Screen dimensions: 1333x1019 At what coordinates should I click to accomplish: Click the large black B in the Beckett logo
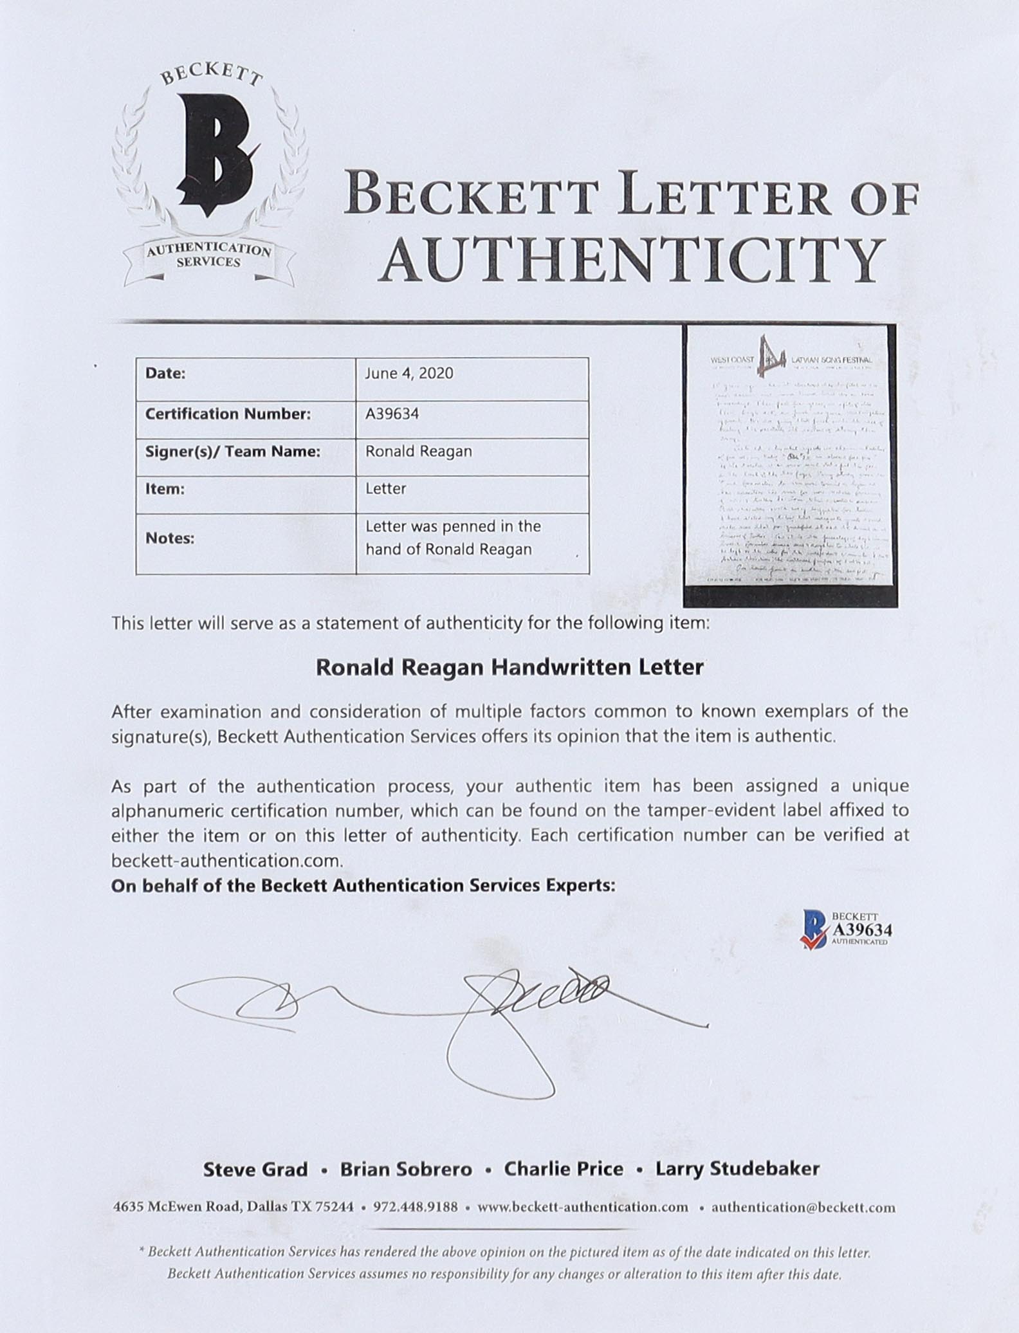pos(212,154)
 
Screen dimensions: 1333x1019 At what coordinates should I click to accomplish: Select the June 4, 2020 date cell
pos(409,374)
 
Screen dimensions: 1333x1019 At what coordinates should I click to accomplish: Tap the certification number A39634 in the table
pos(392,414)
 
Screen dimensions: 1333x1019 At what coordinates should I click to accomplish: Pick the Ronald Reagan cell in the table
pos(419,452)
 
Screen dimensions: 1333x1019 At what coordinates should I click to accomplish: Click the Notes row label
pos(170,538)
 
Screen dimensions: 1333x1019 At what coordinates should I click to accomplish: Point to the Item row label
pos(165,489)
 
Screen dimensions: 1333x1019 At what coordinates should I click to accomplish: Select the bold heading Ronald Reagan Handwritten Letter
pos(509,667)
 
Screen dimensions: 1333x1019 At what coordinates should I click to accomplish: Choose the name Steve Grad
pos(255,1169)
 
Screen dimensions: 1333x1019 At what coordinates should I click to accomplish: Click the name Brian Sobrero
pos(406,1169)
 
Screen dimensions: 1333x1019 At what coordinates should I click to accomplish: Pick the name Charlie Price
pos(564,1169)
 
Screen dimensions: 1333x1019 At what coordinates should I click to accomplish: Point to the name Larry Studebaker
pos(737,1169)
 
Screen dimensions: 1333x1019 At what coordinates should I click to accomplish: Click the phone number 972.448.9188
pos(416,1207)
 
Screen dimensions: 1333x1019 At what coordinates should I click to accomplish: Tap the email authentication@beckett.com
pos(803,1207)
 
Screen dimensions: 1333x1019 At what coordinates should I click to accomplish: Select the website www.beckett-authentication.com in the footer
pos(583,1207)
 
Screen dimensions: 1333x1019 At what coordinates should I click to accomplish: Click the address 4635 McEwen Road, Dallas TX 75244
pos(234,1207)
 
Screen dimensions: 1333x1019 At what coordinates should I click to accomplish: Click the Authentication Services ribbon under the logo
pos(208,256)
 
